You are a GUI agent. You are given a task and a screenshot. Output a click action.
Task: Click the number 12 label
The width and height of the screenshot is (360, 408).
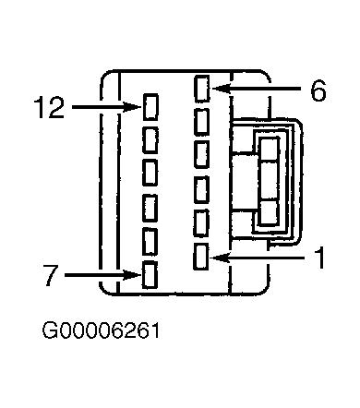point(49,107)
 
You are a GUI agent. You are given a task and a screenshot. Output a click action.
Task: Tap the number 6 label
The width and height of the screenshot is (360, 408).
point(318,90)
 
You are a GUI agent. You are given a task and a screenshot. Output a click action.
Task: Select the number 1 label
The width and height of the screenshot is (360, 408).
point(320,258)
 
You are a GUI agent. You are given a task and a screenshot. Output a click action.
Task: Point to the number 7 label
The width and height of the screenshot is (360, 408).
point(51,275)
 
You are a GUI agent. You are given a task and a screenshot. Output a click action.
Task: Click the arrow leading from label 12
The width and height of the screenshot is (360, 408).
point(107,107)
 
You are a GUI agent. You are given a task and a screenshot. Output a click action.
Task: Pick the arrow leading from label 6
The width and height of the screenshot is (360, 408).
point(257,89)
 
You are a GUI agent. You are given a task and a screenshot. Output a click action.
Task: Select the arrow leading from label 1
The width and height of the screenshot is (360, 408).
point(257,258)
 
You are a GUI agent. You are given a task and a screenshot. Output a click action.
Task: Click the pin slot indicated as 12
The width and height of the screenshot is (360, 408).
point(150,107)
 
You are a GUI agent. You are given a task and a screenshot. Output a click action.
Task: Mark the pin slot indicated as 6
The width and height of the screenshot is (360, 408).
point(202,89)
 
